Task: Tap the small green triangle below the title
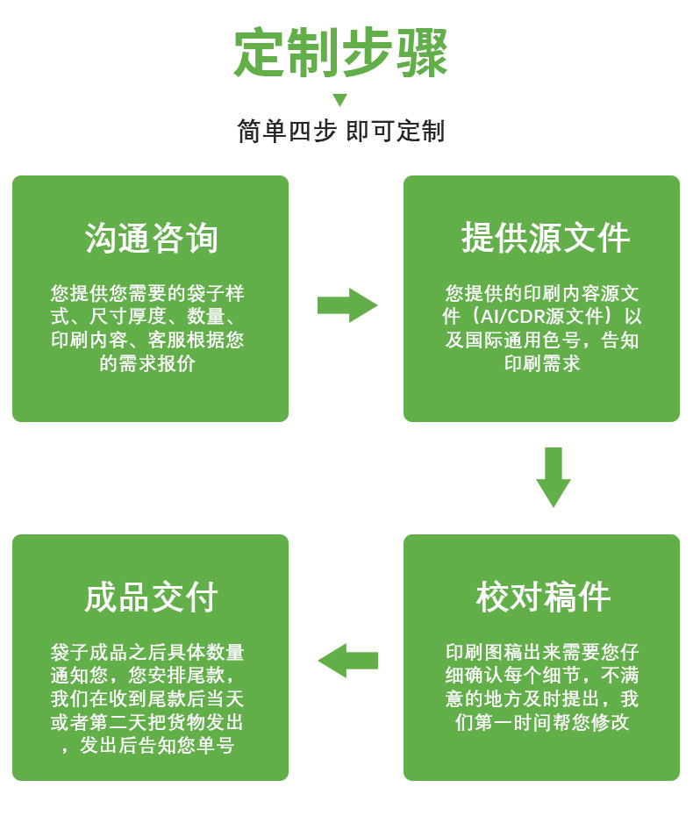340,100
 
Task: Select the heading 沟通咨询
151,239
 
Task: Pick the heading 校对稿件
542,597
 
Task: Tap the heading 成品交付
151,597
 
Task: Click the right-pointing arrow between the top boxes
347,305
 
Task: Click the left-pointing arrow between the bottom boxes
347,661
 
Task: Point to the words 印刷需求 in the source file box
542,363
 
